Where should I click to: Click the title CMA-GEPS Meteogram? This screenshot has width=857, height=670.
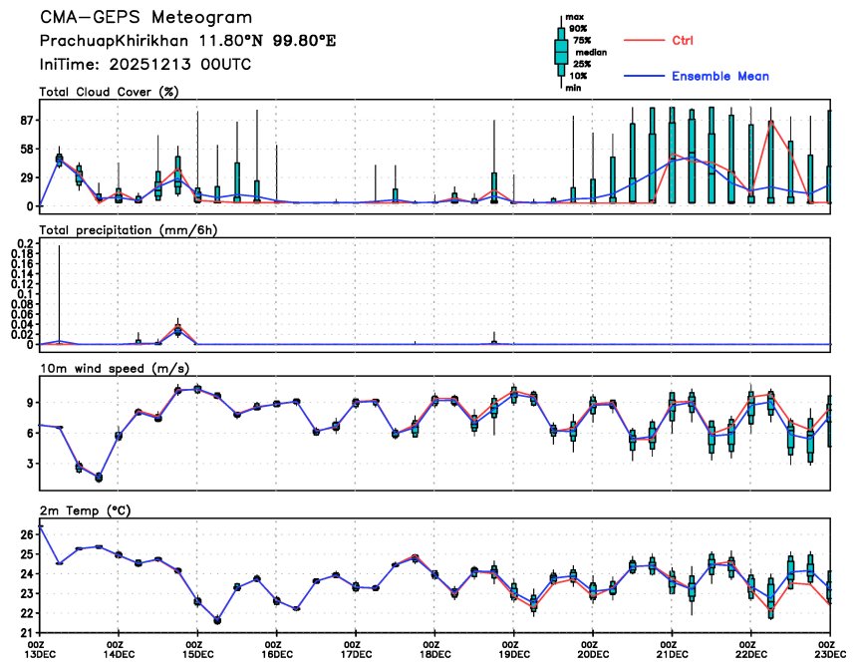pos(145,18)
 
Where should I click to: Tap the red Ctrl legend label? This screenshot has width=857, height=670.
pos(683,41)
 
